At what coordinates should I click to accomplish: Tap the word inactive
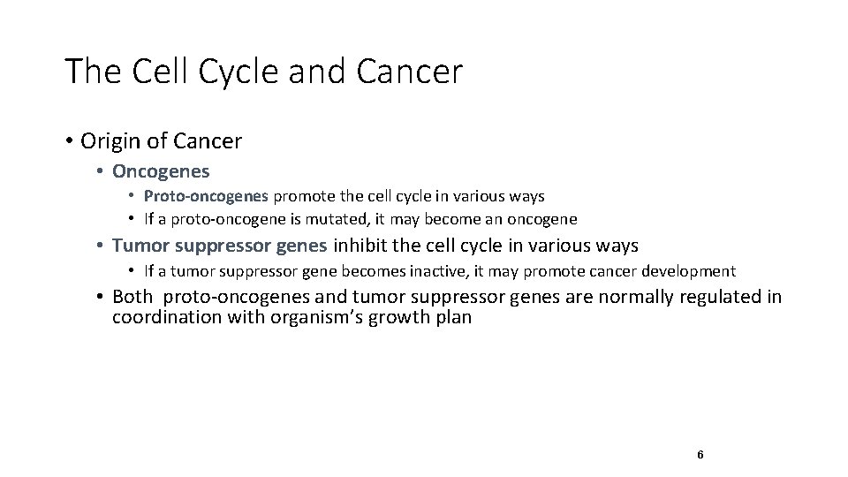(429, 271)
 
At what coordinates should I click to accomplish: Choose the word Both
(132, 297)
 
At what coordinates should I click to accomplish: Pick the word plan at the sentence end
(452, 318)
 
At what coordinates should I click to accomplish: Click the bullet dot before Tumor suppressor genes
(102, 246)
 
